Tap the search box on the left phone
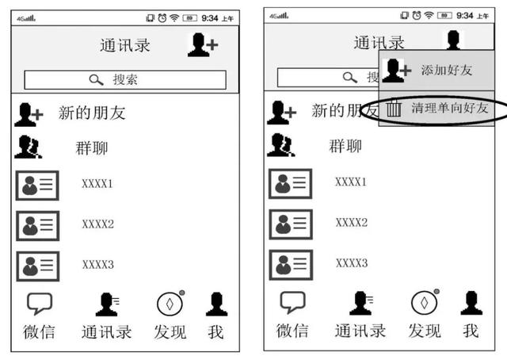pyautogui.click(x=125, y=80)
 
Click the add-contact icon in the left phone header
pyautogui.click(x=202, y=44)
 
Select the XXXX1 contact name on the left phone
pyautogui.click(x=98, y=184)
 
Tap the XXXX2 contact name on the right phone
pyautogui.click(x=351, y=222)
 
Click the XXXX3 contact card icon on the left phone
pyautogui.click(x=38, y=265)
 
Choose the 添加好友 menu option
pyautogui.click(x=446, y=71)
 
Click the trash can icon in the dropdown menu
pyautogui.click(x=394, y=109)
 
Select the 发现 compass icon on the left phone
pyautogui.click(x=169, y=303)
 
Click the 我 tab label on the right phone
pyautogui.click(x=471, y=331)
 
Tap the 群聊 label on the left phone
pyautogui.click(x=92, y=148)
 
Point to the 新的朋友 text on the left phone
pyautogui.click(x=92, y=113)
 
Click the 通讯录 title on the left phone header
pyautogui.click(x=125, y=45)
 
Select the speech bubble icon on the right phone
pyautogui.click(x=292, y=303)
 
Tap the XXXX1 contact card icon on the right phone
pyautogui.click(x=291, y=183)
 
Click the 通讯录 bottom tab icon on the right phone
pyautogui.click(x=360, y=303)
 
